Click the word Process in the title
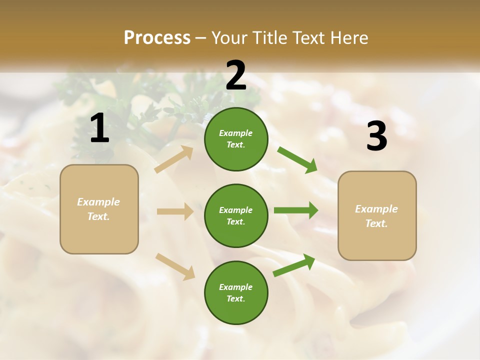click(157, 37)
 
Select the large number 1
click(99, 129)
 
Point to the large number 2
click(236, 75)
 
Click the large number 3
click(376, 136)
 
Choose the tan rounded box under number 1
click(99, 209)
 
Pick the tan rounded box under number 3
click(377, 215)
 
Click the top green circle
click(236, 139)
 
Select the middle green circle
click(236, 215)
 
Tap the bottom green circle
click(236, 292)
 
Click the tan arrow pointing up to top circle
click(174, 159)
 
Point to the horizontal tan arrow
click(175, 211)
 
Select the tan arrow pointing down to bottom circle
click(175, 266)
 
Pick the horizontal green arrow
click(296, 210)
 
